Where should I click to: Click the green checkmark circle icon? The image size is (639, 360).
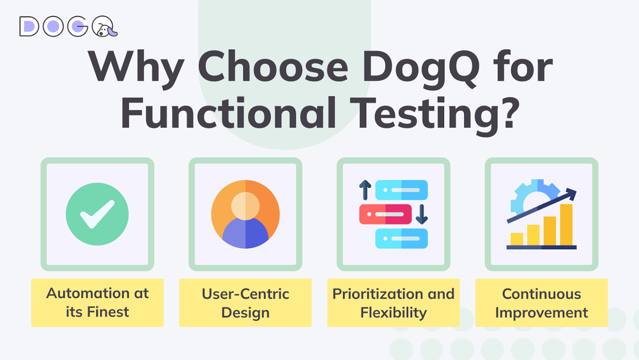point(98,214)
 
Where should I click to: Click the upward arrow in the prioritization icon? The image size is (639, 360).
point(365,190)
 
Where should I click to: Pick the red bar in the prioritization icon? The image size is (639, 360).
point(385,214)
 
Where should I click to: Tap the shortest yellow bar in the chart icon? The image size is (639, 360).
point(517,239)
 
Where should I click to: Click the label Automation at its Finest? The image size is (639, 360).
point(97,302)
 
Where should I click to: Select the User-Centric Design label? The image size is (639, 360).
point(245,303)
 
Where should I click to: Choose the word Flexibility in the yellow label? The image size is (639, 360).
point(393,313)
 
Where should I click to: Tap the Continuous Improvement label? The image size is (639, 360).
point(541,303)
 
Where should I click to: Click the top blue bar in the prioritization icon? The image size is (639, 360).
point(401,190)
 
